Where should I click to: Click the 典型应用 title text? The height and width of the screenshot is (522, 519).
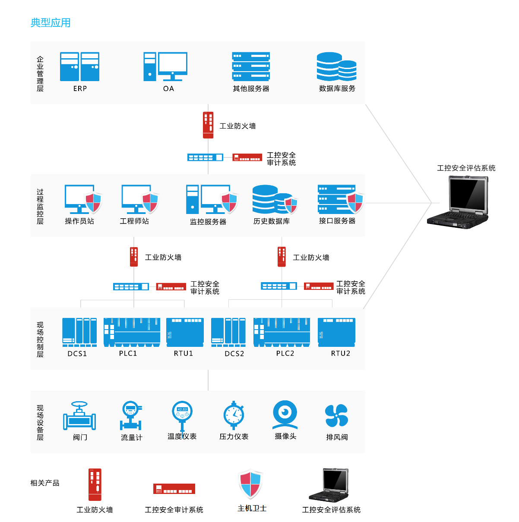[51, 23]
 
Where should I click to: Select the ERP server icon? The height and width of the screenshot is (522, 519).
[79, 67]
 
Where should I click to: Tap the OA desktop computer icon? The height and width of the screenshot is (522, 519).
[165, 67]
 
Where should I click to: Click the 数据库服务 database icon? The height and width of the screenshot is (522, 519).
[336, 67]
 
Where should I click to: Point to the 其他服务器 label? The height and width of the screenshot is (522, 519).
[251, 89]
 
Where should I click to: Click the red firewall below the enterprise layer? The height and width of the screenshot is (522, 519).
[208, 125]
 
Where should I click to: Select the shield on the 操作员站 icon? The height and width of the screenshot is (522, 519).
[93, 202]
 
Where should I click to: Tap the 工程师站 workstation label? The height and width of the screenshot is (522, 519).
[134, 221]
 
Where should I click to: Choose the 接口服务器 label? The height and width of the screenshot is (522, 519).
[337, 221]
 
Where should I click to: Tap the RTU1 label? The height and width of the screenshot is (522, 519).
[184, 354]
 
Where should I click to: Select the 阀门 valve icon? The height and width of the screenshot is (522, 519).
[79, 416]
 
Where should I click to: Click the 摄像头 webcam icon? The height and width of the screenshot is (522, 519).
[285, 415]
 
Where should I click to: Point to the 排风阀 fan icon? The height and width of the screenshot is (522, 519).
[336, 416]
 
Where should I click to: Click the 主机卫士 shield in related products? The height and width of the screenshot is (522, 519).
[250, 484]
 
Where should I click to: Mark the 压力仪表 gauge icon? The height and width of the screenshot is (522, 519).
[234, 415]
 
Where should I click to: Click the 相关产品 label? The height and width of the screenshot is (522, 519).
[45, 483]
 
